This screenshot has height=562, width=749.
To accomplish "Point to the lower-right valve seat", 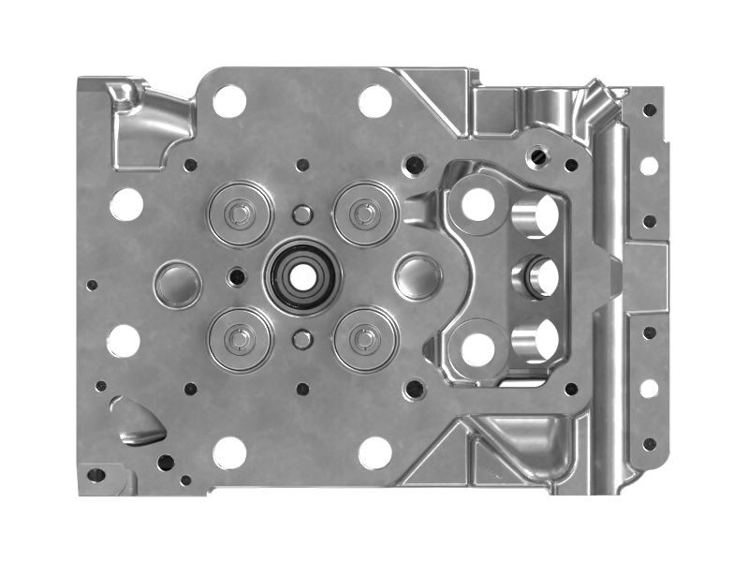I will (366, 339).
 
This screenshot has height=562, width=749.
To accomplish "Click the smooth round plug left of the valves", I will (178, 285).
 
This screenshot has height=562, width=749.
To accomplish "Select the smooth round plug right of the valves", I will (419, 277).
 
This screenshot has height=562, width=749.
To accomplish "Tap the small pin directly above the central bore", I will (301, 215).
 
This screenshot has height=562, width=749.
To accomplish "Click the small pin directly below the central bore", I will (301, 339).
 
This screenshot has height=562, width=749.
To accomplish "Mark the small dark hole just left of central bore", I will (237, 276).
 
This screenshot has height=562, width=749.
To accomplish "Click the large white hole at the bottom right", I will (374, 451).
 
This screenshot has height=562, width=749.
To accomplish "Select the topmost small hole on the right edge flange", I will (649, 111).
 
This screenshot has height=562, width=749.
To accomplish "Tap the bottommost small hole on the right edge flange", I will (649, 443).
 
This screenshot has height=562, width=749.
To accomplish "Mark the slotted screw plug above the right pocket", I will (537, 156).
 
